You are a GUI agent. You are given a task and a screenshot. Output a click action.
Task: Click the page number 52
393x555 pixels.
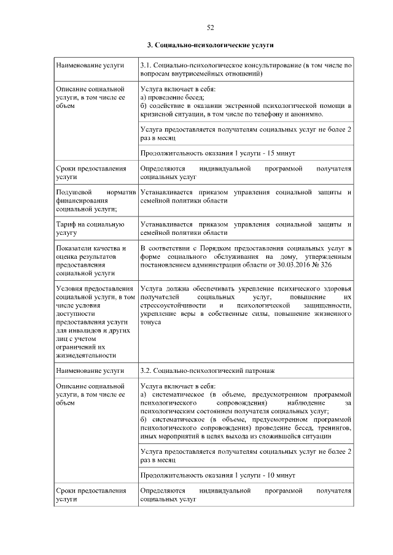[x=209, y=27]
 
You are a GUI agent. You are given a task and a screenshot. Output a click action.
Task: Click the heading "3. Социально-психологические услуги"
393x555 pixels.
[x=209, y=45]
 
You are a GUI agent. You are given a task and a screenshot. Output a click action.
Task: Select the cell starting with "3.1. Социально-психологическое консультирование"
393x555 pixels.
[x=246, y=69]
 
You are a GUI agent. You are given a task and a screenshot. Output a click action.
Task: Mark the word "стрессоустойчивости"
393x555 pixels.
[x=169, y=305]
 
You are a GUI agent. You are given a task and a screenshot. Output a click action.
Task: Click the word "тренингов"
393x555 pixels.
[x=335, y=427]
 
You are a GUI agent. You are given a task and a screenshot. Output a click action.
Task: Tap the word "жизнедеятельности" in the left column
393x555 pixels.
[x=85, y=354]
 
